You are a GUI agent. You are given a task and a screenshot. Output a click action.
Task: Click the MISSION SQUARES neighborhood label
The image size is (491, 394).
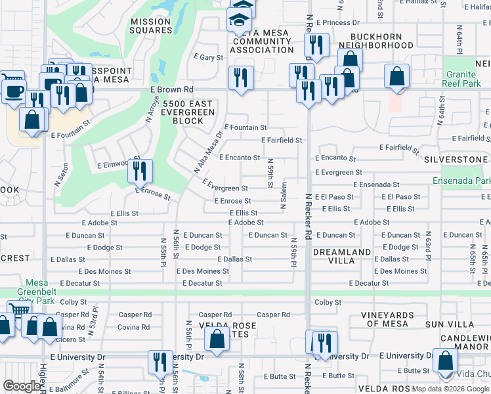pyautogui.click(x=150, y=26)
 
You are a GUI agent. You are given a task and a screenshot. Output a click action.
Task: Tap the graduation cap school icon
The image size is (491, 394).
pyautogui.click(x=240, y=20)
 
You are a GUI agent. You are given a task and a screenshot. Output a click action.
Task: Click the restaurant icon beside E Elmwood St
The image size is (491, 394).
pyautogui.click(x=140, y=171)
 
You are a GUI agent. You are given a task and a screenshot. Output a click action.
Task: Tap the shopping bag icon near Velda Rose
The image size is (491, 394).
pyautogui.click(x=217, y=339)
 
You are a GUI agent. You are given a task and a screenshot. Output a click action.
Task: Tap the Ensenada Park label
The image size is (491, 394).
pyautogui.click(x=461, y=181)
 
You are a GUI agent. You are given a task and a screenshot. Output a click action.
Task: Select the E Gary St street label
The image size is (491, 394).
pyautogui.click(x=209, y=58)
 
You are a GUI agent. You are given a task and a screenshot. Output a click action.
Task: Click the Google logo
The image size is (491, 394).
pyautogui.click(x=22, y=386)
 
